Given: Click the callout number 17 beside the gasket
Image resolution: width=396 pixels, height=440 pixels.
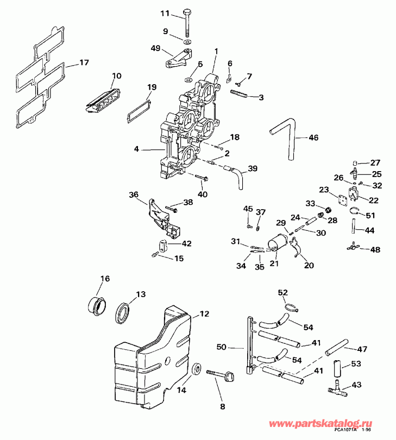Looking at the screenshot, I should tap(83, 62).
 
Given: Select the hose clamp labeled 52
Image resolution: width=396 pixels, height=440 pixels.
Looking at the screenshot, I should tap(291, 306).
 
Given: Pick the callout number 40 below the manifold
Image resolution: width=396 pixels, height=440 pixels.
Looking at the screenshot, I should tap(202, 194).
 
